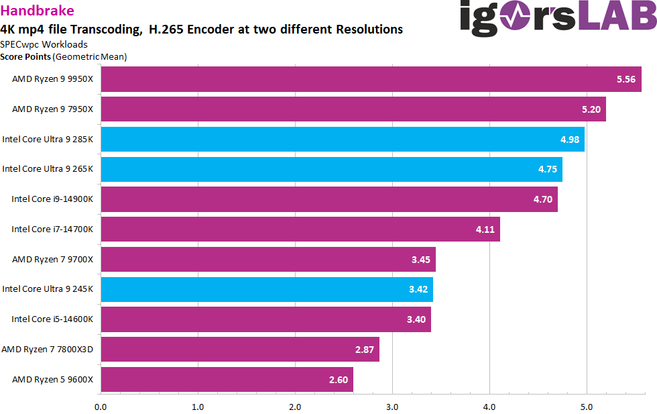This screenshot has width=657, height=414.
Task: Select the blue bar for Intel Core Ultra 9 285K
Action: [342, 140]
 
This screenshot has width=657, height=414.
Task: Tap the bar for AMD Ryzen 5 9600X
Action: [227, 380]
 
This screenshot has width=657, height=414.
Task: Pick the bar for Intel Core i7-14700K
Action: [300, 229]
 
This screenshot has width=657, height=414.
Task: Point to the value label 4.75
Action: [547, 170]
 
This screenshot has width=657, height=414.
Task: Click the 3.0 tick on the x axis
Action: [392, 406]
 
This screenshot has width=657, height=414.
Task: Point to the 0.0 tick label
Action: [101, 406]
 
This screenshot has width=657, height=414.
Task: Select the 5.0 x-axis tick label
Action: [587, 406]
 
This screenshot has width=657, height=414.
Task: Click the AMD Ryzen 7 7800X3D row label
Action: [47, 350]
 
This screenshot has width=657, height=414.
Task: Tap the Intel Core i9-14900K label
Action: [52, 199]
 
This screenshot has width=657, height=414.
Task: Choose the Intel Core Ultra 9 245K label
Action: [48, 289]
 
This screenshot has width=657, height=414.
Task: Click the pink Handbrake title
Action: [38, 11]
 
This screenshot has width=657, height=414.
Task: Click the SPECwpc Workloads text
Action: [44, 44]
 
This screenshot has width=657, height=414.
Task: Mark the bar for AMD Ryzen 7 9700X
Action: [268, 260]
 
